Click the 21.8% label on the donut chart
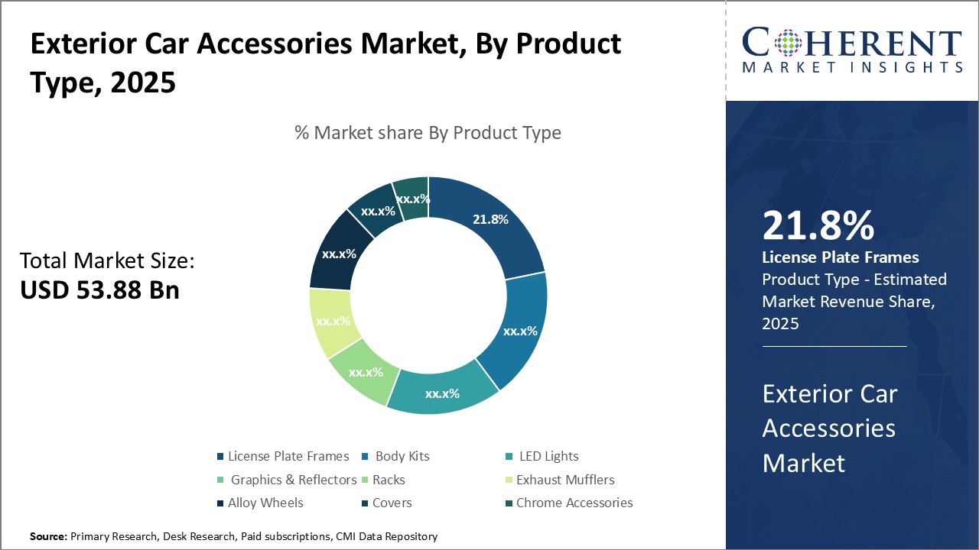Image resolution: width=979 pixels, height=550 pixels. [x=490, y=219]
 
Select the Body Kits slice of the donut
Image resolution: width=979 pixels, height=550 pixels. [x=519, y=331]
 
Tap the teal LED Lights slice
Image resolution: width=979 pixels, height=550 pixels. [x=442, y=393]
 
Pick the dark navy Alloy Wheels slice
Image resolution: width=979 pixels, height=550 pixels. [x=338, y=254]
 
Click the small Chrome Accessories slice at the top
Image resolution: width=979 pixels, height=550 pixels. [x=412, y=199]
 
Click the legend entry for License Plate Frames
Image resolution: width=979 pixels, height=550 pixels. [x=288, y=456]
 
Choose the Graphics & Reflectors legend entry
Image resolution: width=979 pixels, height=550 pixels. [x=294, y=480]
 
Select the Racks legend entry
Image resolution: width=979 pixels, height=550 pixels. [x=389, y=480]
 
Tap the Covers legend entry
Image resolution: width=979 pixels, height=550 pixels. [x=392, y=503]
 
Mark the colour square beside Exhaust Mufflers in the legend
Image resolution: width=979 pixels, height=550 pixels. [x=509, y=480]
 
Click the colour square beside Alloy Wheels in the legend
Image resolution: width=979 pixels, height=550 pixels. [x=221, y=503]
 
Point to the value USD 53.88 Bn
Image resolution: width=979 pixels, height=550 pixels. [x=99, y=290]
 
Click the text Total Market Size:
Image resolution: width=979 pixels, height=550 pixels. [x=107, y=260]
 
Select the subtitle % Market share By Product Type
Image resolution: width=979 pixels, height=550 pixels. [x=428, y=133]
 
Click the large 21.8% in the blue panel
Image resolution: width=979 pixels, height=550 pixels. [x=818, y=226]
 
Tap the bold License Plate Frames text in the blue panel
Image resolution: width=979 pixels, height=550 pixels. [x=841, y=257]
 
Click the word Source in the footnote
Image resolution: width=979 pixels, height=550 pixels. [x=48, y=537]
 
